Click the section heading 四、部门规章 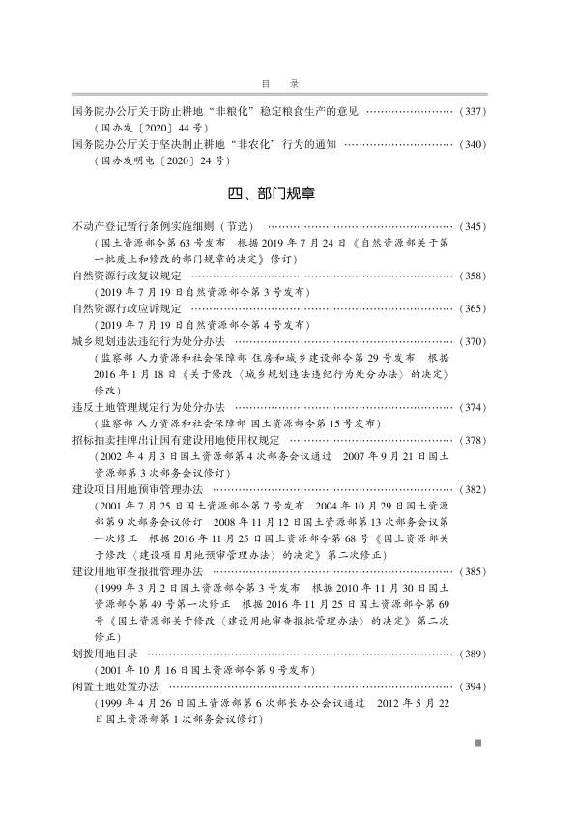pyautogui.click(x=288, y=193)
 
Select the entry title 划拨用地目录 pyautogui.click(x=106, y=654)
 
